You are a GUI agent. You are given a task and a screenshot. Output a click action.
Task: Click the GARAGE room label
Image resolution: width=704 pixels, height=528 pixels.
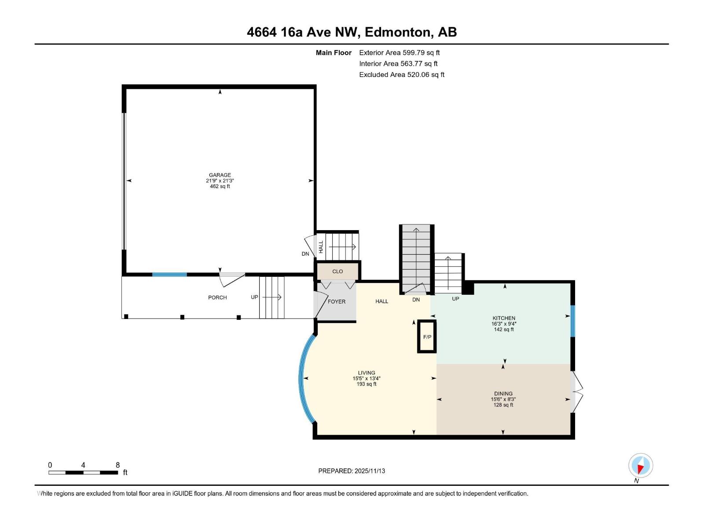(x=220, y=175)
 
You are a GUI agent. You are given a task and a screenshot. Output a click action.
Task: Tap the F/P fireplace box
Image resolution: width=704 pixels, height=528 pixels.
(x=427, y=337)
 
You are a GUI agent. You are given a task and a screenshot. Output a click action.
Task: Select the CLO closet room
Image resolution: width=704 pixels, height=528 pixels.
(x=337, y=271)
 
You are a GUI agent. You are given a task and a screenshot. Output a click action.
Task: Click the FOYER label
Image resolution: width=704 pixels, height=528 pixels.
(x=337, y=302)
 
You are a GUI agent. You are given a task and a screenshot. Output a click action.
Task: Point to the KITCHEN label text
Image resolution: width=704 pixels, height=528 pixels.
(x=504, y=318)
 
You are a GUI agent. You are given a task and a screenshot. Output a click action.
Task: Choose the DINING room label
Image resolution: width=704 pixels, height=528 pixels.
(x=503, y=394)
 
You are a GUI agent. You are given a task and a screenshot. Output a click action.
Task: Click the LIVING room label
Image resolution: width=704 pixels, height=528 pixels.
(x=366, y=373)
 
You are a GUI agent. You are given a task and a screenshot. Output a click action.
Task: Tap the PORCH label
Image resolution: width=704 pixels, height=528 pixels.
(x=217, y=297)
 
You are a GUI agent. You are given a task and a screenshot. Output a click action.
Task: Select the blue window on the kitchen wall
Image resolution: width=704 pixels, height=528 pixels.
(x=572, y=321)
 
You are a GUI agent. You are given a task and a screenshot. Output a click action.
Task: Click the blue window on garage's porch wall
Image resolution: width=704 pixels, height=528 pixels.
(x=169, y=275)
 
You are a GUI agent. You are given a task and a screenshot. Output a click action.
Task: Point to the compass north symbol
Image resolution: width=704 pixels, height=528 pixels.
(x=641, y=466)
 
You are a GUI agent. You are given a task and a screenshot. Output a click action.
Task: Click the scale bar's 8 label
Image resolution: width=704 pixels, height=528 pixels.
(x=117, y=465)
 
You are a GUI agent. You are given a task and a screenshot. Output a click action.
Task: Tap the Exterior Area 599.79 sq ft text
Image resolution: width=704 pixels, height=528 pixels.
(x=399, y=53)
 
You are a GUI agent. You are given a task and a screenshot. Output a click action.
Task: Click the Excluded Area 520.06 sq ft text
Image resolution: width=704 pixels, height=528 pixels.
(x=401, y=75)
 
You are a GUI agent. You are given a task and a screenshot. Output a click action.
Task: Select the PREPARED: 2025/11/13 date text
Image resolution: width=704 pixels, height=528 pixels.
(x=352, y=471)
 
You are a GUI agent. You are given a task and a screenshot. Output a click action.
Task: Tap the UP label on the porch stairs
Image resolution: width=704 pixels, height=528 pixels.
(x=254, y=297)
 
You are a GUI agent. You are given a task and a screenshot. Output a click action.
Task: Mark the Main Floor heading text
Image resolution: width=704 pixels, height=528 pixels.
(x=334, y=53)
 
